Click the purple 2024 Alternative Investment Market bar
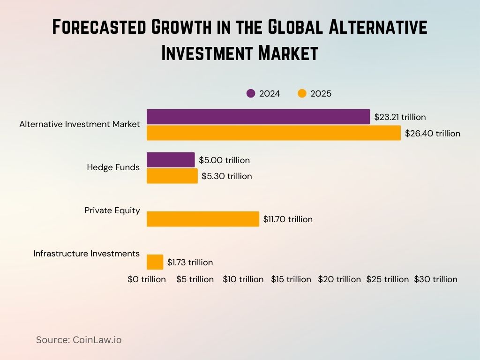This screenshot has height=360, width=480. coord(258,117)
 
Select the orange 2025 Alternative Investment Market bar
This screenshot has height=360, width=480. coord(274,133)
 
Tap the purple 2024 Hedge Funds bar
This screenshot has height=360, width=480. coord(171,160)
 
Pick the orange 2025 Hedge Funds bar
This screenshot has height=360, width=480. coord(172,176)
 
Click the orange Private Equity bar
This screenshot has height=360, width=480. coord(202,219)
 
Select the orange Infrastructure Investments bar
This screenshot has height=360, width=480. coord(155,262)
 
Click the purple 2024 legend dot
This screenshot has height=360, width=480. coord(251,94)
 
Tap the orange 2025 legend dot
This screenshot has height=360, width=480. coord(302,94)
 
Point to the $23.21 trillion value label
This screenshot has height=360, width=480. coord(400,117)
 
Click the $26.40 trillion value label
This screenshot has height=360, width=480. coord(433,134)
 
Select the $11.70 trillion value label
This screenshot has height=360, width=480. coord(288,219)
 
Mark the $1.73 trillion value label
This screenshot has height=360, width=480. coord(190,262)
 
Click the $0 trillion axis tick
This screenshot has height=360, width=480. coord(147,279)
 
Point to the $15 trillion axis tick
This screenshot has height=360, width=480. coord(291,279)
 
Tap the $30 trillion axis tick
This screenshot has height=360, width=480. coord(435,279)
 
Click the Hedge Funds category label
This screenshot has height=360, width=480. coord(113,167)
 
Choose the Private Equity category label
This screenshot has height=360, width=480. coord(112,210)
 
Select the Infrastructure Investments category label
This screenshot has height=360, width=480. coord(86,254)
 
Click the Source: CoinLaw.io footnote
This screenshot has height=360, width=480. coord(79,340)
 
